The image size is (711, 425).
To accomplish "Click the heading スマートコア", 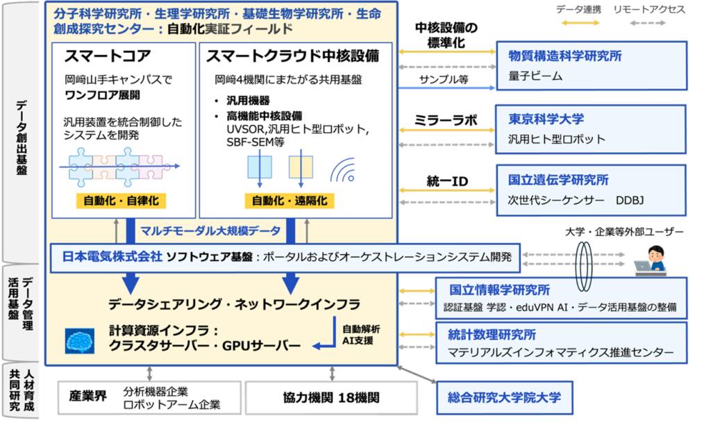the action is tap(108, 56).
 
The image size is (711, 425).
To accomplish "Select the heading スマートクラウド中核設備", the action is tap(292, 56).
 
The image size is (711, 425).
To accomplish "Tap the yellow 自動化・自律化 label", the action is tap(121, 201).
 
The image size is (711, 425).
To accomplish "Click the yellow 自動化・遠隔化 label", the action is tap(290, 201).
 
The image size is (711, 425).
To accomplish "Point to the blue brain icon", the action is tap(80, 341).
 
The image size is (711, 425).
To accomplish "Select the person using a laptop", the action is tap(651, 260).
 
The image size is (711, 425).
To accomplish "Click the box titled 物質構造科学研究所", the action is tap(592, 66).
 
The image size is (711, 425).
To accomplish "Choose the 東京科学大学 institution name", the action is tap(546, 119).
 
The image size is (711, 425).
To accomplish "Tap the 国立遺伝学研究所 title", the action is tap(558, 180).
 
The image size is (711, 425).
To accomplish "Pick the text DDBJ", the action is tap(629, 201).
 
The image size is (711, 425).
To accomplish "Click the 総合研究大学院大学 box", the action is tap(504, 398).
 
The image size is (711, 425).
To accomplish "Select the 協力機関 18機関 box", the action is tap(331, 398).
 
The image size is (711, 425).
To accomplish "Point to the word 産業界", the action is tap(88, 396).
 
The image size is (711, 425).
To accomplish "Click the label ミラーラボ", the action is tap(446, 120).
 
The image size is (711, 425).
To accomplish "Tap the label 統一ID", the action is tap(447, 181).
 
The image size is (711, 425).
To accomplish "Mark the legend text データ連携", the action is tap(578, 10).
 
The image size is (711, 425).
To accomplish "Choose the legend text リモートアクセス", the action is tap(649, 10).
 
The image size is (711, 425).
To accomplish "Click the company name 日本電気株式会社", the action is tap(112, 257).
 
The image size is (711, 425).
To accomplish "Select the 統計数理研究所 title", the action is tap(492, 335).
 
